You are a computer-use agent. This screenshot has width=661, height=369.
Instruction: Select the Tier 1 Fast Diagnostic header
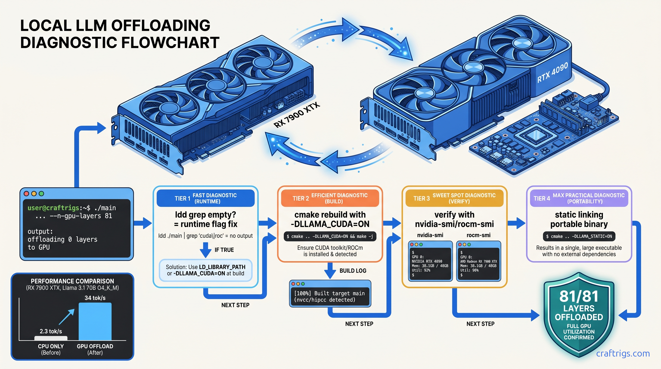point(206,198)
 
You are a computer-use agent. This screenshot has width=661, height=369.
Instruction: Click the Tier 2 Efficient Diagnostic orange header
point(330,198)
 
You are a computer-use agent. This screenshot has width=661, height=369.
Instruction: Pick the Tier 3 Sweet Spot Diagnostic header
point(454,198)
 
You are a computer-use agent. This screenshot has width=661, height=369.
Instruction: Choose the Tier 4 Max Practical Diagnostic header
point(579,198)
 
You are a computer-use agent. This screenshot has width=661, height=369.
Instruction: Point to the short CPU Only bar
point(51,338)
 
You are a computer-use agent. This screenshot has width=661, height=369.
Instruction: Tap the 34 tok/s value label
point(95,298)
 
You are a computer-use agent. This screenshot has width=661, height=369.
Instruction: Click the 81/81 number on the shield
point(579,296)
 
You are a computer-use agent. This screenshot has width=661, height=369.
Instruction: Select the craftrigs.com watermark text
point(623,353)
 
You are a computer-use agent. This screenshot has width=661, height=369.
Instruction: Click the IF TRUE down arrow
point(206,250)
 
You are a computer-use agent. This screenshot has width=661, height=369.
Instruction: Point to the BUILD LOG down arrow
point(330,271)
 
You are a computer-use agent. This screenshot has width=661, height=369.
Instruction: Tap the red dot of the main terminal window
point(26,193)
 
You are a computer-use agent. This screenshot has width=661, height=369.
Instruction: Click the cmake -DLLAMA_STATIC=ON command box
point(579,236)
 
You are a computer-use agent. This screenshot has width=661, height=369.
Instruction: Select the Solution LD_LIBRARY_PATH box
point(206,270)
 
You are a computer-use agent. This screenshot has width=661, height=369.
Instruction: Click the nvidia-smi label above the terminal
point(430,235)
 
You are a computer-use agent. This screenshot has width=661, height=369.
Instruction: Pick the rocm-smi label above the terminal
point(478,235)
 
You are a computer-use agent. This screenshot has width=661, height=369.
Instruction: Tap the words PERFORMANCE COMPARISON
point(72,281)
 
